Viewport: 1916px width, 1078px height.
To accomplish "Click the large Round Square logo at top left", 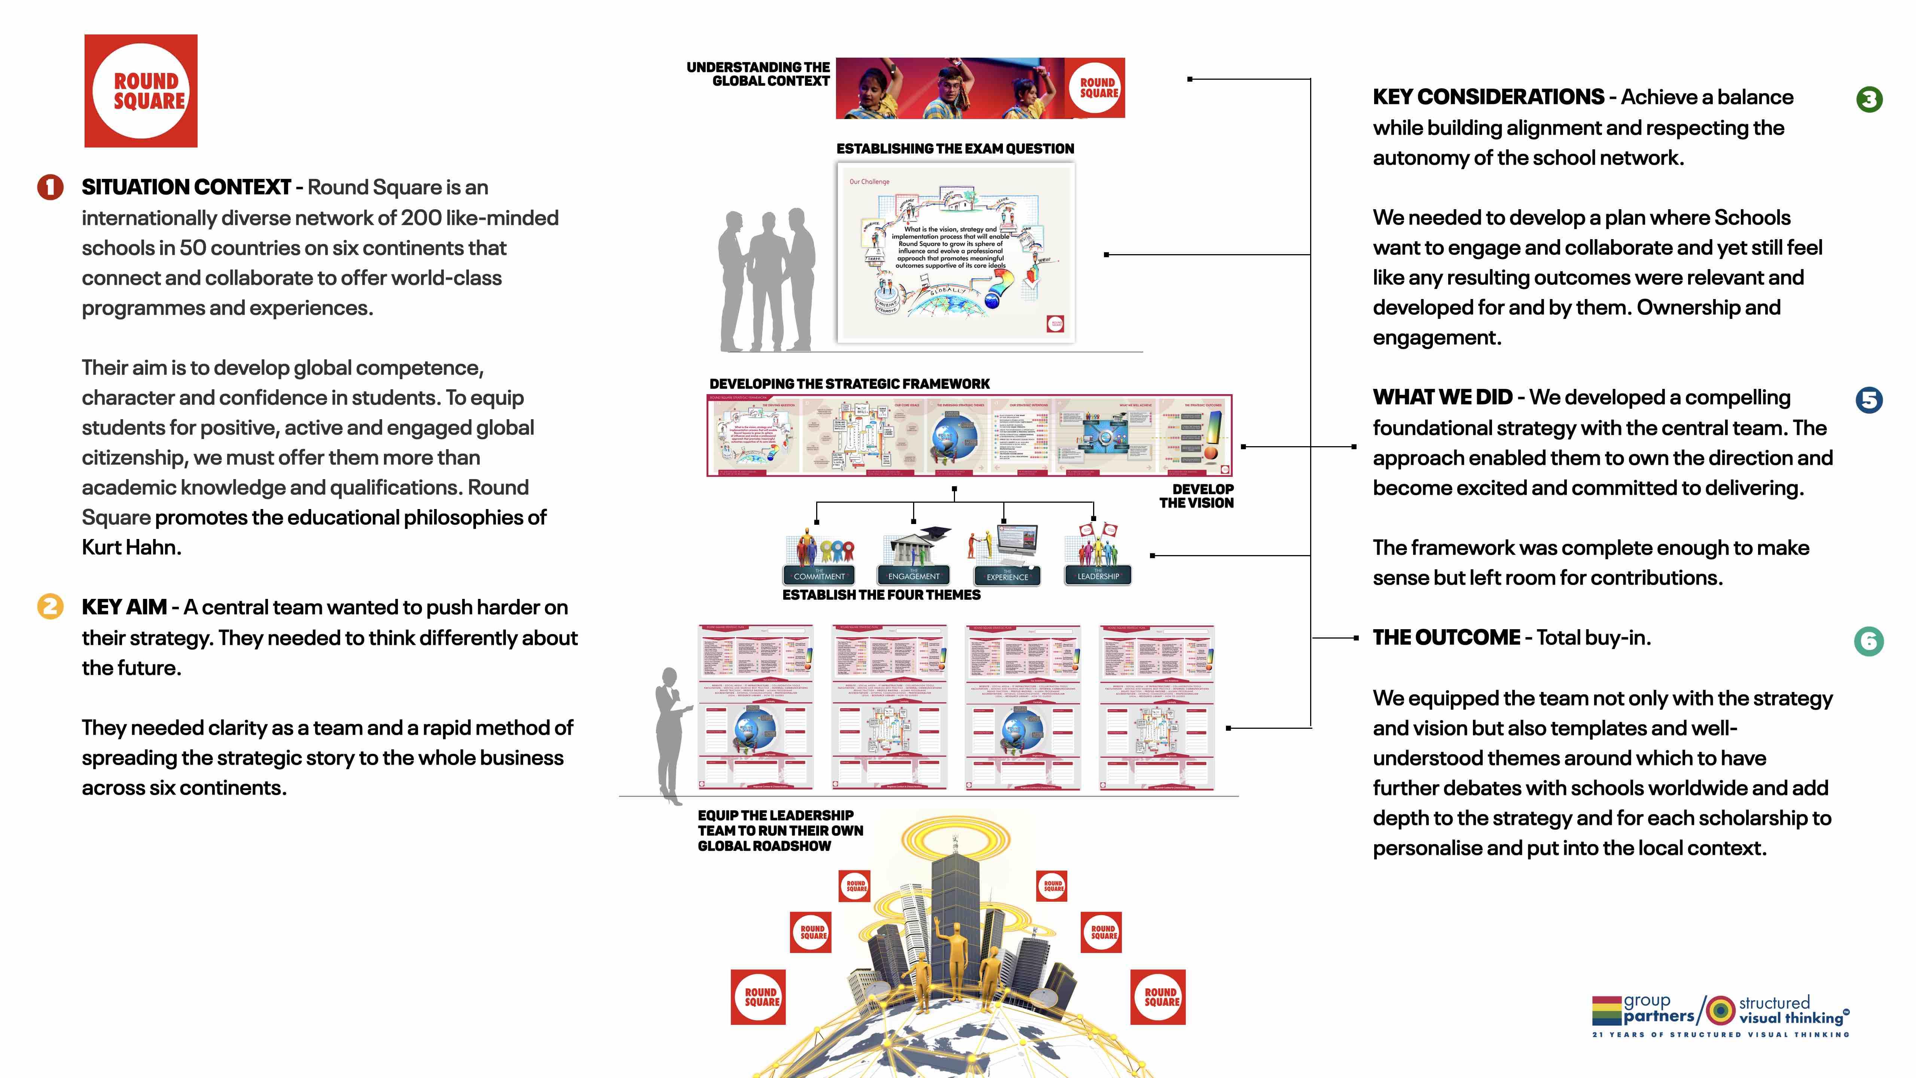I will click(141, 91).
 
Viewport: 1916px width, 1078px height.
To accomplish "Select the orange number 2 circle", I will click(50, 606).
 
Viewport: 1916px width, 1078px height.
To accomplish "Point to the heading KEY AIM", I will click(124, 607).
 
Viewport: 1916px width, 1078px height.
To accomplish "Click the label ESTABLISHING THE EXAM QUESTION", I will click(955, 149).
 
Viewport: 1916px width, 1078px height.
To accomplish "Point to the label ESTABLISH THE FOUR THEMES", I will click(881, 595).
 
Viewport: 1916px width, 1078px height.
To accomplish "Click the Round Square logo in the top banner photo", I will click(1099, 88).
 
